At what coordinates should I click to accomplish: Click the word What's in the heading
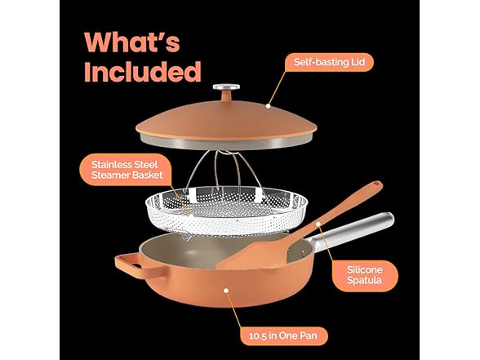(x=132, y=42)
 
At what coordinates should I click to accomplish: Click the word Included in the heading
(x=143, y=71)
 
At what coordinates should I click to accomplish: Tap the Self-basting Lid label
(x=330, y=62)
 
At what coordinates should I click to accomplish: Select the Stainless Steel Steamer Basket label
(x=127, y=170)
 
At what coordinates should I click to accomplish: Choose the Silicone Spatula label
(x=364, y=275)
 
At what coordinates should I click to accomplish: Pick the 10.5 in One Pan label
(x=283, y=336)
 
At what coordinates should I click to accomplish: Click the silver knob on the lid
(x=226, y=87)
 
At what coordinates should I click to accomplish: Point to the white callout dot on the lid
(x=268, y=106)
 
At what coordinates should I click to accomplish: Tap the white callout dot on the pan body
(x=226, y=291)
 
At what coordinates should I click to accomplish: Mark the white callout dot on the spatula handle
(x=318, y=224)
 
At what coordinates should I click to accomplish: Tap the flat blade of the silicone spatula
(x=254, y=253)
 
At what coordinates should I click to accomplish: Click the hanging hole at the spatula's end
(x=376, y=184)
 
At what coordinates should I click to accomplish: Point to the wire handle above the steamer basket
(x=225, y=171)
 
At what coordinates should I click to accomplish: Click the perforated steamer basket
(x=227, y=211)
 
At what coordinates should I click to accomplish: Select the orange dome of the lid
(x=226, y=119)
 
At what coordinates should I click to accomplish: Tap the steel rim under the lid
(x=226, y=143)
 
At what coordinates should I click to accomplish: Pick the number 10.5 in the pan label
(x=257, y=336)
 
